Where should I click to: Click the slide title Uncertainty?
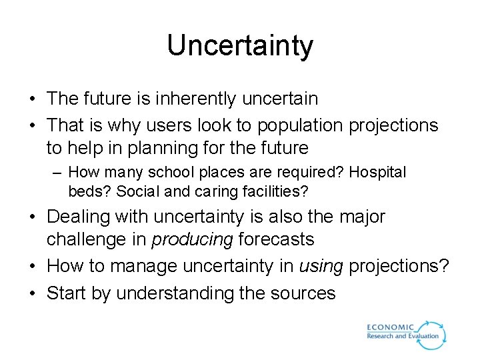[x=240, y=45]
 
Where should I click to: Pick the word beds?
[x=89, y=191]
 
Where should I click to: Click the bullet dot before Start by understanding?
[x=33, y=293]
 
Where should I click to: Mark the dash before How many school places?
[x=59, y=172]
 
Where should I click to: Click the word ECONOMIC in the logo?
[x=390, y=327]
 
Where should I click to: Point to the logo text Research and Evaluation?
[x=403, y=336]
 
